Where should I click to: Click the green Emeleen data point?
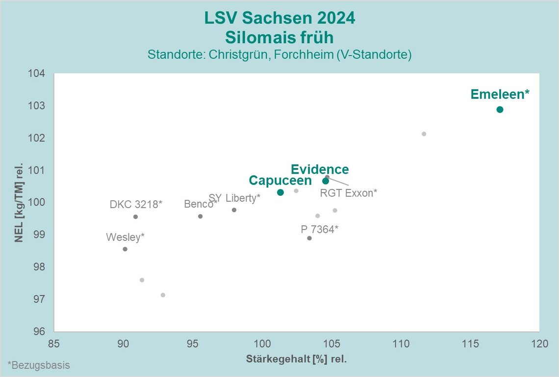pyautogui.click(x=500, y=109)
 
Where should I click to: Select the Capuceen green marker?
pyautogui.click(x=280, y=192)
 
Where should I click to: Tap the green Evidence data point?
pyautogui.click(x=326, y=181)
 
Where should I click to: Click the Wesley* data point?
pyautogui.click(x=125, y=249)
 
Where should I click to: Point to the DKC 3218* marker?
pyautogui.click(x=135, y=216)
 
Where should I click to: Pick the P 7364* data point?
pyautogui.click(x=309, y=238)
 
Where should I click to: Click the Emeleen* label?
pyautogui.click(x=500, y=94)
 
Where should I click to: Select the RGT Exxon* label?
pyautogui.click(x=348, y=193)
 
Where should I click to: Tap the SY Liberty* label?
pyautogui.click(x=234, y=198)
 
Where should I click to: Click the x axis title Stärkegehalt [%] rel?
pyautogui.click(x=296, y=359)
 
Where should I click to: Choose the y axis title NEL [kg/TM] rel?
pyautogui.click(x=20, y=203)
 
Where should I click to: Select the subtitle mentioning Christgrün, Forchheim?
pyautogui.click(x=279, y=55)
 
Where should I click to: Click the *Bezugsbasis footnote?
pyautogui.click(x=39, y=365)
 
